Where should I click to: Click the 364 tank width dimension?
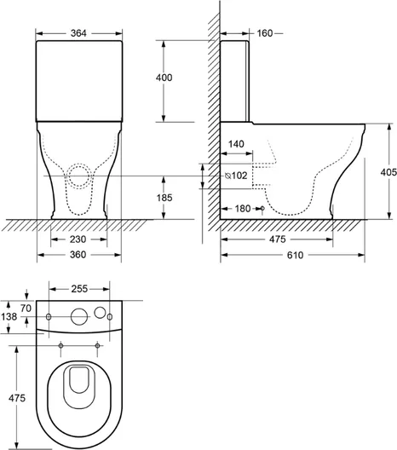[78, 33]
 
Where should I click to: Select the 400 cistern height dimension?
[164, 78]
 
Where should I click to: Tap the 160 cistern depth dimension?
[264, 33]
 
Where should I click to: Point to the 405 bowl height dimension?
[388, 172]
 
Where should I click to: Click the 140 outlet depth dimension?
[236, 144]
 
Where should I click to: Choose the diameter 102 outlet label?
[236, 176]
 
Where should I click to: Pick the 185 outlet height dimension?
[164, 198]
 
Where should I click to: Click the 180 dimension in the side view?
[243, 209]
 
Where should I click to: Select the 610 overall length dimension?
[295, 255]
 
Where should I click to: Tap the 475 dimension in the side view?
[278, 239]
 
